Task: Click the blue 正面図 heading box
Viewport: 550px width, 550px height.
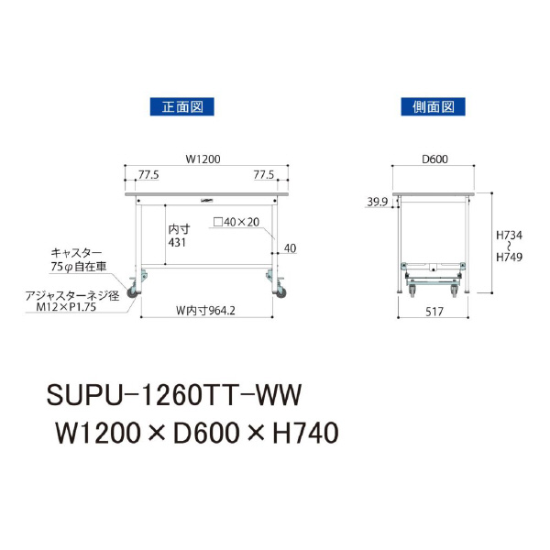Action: coord(182,106)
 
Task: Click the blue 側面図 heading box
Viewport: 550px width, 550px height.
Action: coord(434,106)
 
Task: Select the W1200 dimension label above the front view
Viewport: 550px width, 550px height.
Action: coord(203,159)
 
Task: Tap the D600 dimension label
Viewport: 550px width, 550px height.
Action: coord(434,159)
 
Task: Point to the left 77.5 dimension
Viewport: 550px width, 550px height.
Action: coord(148,175)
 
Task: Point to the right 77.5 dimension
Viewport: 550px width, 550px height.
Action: coord(264,175)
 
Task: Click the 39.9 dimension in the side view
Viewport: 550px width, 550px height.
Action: coord(378,202)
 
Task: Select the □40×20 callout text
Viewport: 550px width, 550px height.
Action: coord(236,222)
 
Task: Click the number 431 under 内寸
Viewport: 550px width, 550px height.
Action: coord(177,242)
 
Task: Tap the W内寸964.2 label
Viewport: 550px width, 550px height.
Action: coord(205,311)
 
